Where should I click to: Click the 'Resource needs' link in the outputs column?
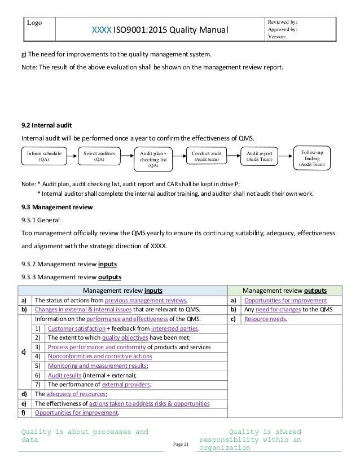tap(266, 319)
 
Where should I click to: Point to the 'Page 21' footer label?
tap(180, 445)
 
